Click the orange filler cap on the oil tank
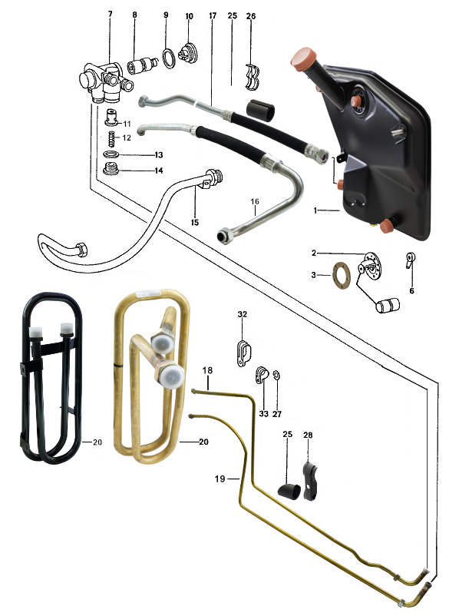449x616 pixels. pos(304,58)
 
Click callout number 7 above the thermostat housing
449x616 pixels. pos(111,14)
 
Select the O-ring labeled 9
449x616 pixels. pos(169,58)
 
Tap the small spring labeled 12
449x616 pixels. pos(112,138)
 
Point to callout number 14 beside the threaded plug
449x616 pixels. pos(159,171)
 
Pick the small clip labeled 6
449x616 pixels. pos(410,260)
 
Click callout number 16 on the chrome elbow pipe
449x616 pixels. pos(255,201)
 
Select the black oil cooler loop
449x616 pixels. pos(52,379)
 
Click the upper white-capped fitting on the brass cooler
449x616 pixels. pos(163,341)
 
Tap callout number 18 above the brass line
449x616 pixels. pos(207,370)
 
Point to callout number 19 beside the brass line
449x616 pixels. pos(220,479)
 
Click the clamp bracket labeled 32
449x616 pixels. pos(243,353)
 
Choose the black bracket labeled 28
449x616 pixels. pos(310,481)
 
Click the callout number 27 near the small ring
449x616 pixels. pos(277,414)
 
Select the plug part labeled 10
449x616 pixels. pos(188,53)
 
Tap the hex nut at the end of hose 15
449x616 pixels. pos(82,250)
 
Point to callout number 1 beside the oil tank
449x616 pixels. pos(315,210)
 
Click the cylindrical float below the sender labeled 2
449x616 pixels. pos(388,305)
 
